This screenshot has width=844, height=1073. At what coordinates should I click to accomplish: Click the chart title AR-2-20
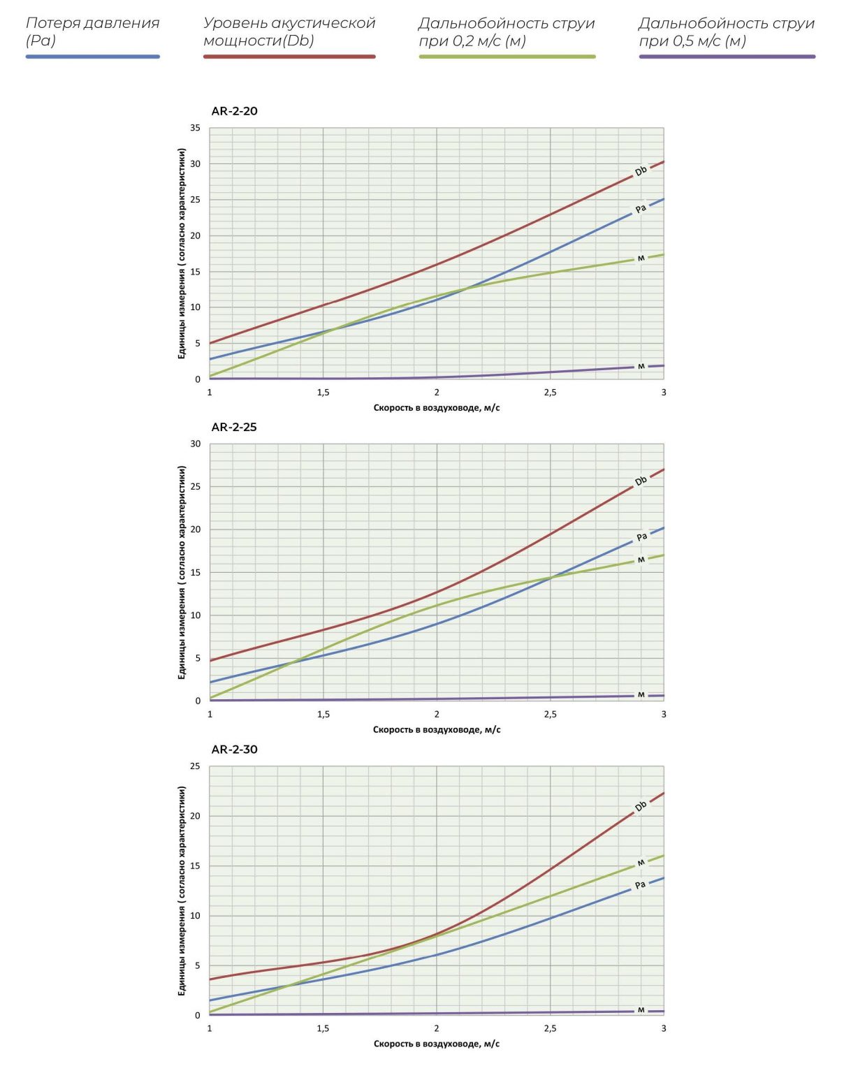click(234, 111)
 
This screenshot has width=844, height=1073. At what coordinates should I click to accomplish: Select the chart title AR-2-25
click(234, 428)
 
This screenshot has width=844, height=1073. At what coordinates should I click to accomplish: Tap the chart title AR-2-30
click(234, 750)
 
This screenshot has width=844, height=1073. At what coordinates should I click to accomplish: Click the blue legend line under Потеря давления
click(93, 57)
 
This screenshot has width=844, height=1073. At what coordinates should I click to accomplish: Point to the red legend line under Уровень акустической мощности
click(289, 57)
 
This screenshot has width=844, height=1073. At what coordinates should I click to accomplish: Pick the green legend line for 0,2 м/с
click(507, 57)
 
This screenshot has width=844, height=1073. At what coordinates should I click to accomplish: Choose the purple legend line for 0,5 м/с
click(727, 57)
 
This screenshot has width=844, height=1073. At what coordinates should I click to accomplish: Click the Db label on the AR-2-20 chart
click(641, 171)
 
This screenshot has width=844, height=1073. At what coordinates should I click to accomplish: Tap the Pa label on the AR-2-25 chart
click(642, 537)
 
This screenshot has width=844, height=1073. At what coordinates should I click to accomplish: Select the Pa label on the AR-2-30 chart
click(640, 885)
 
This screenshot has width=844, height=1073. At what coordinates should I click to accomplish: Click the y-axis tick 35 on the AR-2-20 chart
click(195, 128)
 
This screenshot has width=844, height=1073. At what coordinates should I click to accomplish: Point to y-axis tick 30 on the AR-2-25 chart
click(195, 444)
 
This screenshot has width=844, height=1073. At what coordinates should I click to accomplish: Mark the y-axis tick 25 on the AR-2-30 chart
click(195, 766)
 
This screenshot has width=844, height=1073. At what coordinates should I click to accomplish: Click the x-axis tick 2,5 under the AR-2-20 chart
click(551, 393)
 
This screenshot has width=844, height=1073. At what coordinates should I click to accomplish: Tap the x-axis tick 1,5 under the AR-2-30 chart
click(323, 1028)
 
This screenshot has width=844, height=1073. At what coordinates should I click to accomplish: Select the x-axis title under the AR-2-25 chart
click(437, 729)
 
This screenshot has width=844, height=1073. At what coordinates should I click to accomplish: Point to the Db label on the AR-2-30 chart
click(641, 807)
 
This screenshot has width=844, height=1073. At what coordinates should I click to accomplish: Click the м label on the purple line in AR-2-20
click(641, 367)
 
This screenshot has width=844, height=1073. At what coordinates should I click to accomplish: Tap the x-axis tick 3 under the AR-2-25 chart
click(664, 715)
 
